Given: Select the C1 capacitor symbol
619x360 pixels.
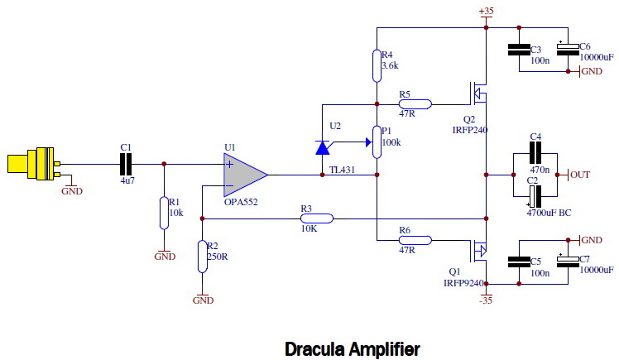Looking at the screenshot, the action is [x=126, y=164].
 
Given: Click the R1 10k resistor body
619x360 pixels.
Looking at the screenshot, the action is [x=164, y=214].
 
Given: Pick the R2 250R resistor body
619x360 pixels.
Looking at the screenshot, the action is [x=202, y=257].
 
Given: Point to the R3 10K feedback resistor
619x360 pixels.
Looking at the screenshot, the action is [x=317, y=218].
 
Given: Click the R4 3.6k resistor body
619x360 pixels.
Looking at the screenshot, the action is [x=377, y=66].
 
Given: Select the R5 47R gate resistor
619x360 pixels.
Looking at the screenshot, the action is [x=415, y=104].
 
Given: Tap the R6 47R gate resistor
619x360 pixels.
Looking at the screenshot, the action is [x=415, y=240].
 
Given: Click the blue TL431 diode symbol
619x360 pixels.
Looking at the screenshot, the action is [x=323, y=147].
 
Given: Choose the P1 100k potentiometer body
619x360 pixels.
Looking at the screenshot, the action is [x=377, y=142].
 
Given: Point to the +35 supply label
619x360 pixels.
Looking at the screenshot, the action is [x=486, y=11].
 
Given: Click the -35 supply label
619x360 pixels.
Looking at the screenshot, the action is [x=486, y=300].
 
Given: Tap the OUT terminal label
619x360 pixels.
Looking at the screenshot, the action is [x=580, y=175].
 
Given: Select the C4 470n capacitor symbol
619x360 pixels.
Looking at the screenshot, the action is [x=535, y=153].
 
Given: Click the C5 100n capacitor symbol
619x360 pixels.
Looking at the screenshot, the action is [x=519, y=262].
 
